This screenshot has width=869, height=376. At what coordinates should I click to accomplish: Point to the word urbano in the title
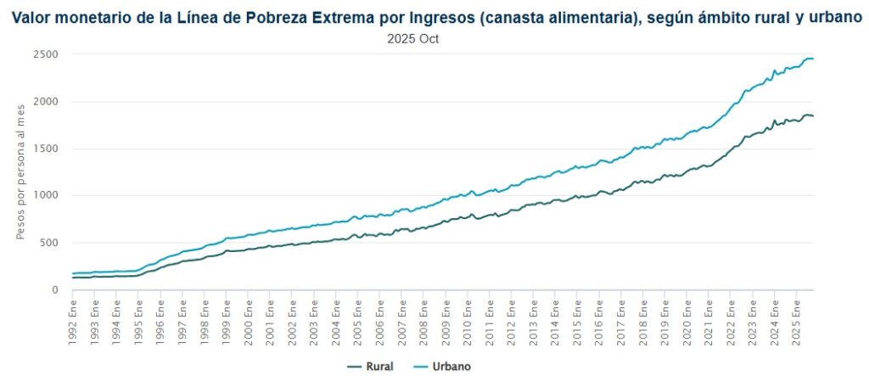pos(834,17)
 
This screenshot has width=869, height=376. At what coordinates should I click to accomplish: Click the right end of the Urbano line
pos(813,59)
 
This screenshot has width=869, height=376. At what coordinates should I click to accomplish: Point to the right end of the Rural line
pos(813,115)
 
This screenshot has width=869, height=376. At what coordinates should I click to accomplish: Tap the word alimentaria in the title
pos(578,17)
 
